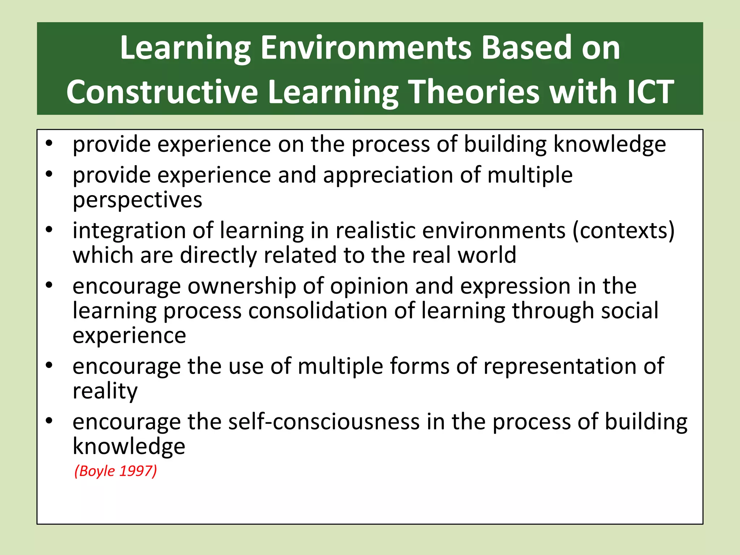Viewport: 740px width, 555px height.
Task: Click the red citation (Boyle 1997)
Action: (x=116, y=471)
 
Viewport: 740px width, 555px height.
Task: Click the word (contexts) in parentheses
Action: (x=624, y=231)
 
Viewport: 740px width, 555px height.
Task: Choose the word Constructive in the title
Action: (x=162, y=92)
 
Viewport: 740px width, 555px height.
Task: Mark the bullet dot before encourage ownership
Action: (x=49, y=285)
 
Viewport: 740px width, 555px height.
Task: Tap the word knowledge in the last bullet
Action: (x=129, y=446)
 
